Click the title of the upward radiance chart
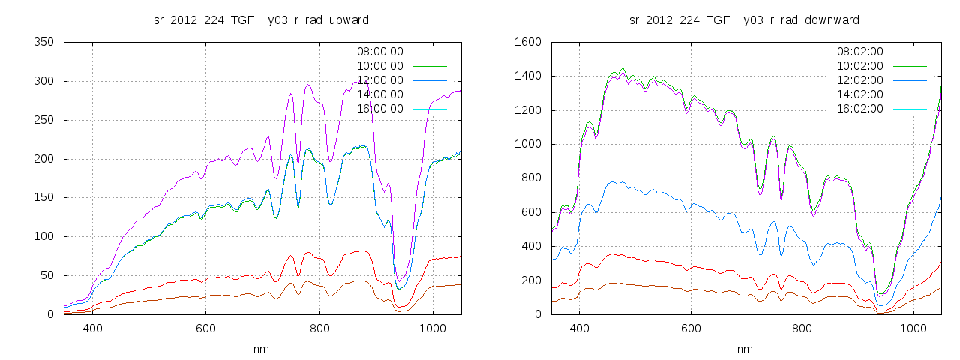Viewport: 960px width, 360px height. [x=261, y=19]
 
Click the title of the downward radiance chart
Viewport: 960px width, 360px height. [x=744, y=19]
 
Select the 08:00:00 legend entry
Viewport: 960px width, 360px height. [x=379, y=52]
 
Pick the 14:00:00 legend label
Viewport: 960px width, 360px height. [x=379, y=94]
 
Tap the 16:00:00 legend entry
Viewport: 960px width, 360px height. [x=379, y=109]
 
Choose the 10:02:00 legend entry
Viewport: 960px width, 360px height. [x=859, y=66]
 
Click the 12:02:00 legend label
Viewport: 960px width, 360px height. [x=859, y=80]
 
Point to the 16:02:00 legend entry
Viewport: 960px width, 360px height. [x=859, y=109]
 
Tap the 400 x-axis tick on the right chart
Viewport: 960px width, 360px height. [x=579, y=328]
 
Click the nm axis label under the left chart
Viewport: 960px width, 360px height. [x=261, y=349]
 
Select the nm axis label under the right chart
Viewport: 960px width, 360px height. [x=744, y=349]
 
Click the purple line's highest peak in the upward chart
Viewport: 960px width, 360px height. [x=308, y=85]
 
